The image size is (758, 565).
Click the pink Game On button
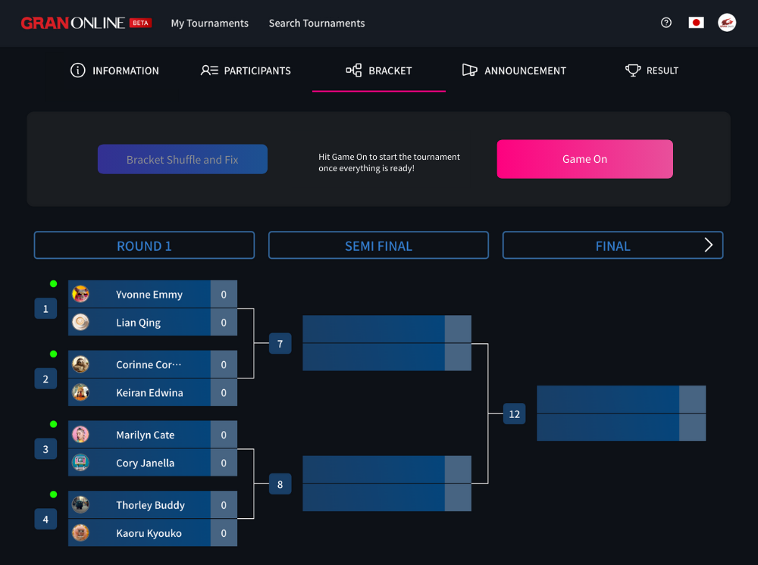click(x=584, y=159)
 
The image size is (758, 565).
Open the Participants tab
click(x=246, y=70)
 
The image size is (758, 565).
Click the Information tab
click(x=114, y=70)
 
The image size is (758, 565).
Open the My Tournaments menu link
click(x=209, y=23)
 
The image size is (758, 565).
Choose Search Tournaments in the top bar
click(x=317, y=23)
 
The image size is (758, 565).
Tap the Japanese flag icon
click(x=696, y=23)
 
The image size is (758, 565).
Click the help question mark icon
click(x=666, y=23)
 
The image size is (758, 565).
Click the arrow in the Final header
click(x=709, y=245)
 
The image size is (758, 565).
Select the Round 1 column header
click(x=144, y=245)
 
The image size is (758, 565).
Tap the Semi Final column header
click(x=378, y=245)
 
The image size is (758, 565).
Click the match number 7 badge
click(x=280, y=344)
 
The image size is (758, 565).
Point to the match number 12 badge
click(x=515, y=414)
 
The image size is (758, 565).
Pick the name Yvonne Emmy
click(x=149, y=295)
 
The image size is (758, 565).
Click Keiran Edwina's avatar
click(x=80, y=392)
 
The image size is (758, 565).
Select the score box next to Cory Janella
click(x=224, y=463)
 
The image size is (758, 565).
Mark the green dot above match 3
click(x=53, y=424)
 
